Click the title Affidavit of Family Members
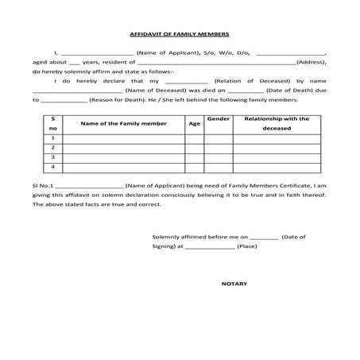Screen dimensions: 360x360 179,35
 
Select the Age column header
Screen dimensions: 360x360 194,124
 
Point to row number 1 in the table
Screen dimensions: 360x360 52,138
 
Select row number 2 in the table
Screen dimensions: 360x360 52,148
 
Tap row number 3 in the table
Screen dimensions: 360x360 52,157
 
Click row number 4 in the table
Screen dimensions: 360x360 52,168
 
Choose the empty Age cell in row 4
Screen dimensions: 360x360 194,168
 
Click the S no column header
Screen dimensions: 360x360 52,123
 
